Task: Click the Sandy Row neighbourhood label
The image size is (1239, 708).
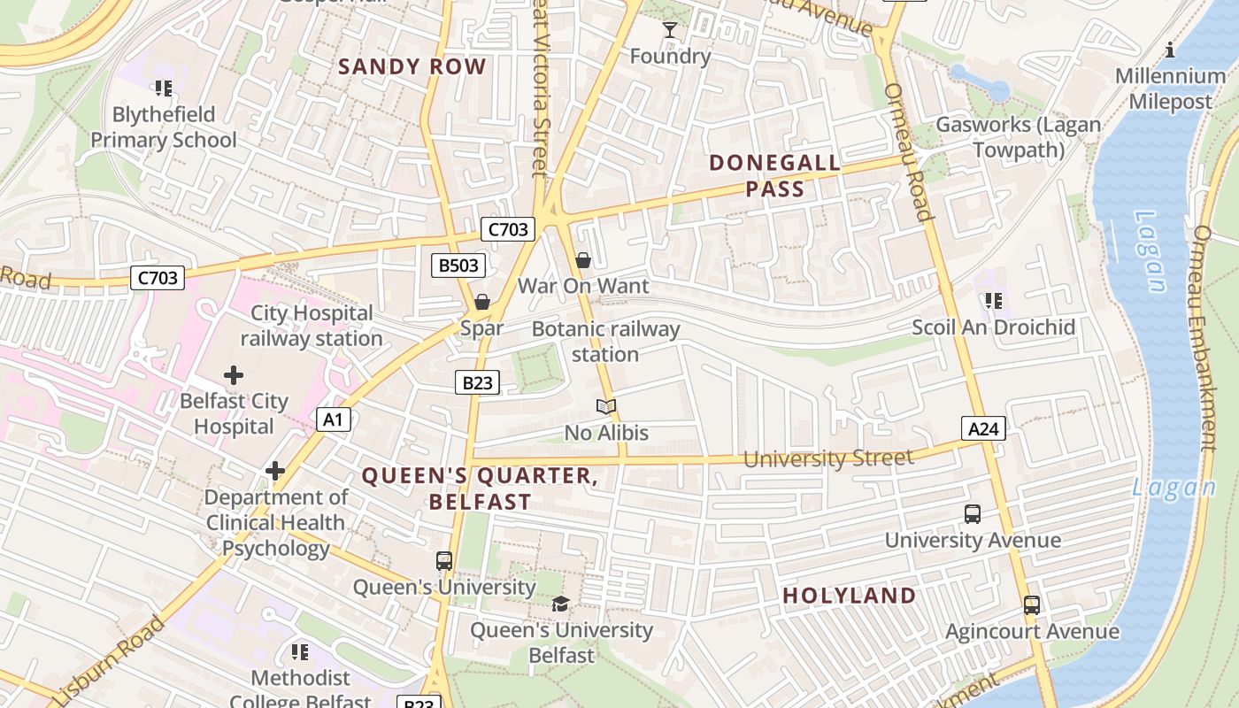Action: point(412,66)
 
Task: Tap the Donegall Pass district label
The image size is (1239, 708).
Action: point(775,175)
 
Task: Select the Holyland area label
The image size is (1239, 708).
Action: point(850,596)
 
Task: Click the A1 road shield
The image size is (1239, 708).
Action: point(334,419)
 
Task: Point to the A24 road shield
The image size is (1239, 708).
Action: point(983,429)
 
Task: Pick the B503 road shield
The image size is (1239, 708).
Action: point(458,265)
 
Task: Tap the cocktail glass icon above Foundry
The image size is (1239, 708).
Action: point(670,31)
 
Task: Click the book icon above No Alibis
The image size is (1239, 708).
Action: point(606,407)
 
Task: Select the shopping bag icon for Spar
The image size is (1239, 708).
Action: point(482,303)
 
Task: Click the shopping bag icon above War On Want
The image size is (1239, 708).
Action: point(583,260)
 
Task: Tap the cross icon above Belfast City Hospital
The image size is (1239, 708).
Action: point(234,375)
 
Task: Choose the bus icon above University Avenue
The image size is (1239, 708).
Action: point(973,514)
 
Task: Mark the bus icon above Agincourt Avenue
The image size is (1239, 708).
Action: point(1032,605)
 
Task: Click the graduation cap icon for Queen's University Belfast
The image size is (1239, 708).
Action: point(560,604)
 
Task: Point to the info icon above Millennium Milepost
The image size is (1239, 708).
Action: point(1170,50)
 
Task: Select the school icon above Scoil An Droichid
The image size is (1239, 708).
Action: point(994,302)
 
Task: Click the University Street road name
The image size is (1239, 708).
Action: point(828,458)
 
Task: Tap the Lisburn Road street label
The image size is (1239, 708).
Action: point(109,659)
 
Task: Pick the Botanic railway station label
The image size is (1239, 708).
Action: point(606,342)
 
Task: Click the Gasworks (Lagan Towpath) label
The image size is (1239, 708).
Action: point(1019,137)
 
